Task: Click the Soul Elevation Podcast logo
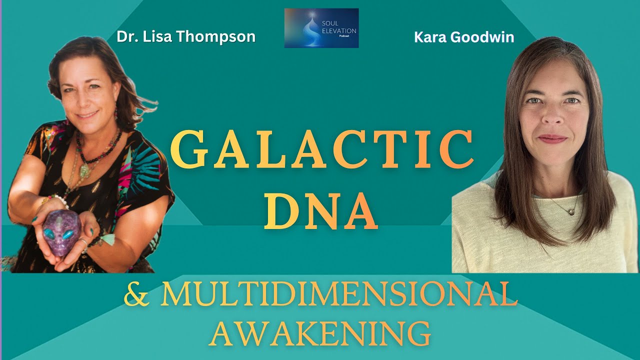pyautogui.click(x=321, y=28)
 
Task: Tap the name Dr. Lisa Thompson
pyautogui.click(x=186, y=36)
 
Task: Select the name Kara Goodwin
pyautogui.click(x=464, y=37)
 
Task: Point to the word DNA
pyautogui.click(x=320, y=212)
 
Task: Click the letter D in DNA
pyautogui.click(x=279, y=212)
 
